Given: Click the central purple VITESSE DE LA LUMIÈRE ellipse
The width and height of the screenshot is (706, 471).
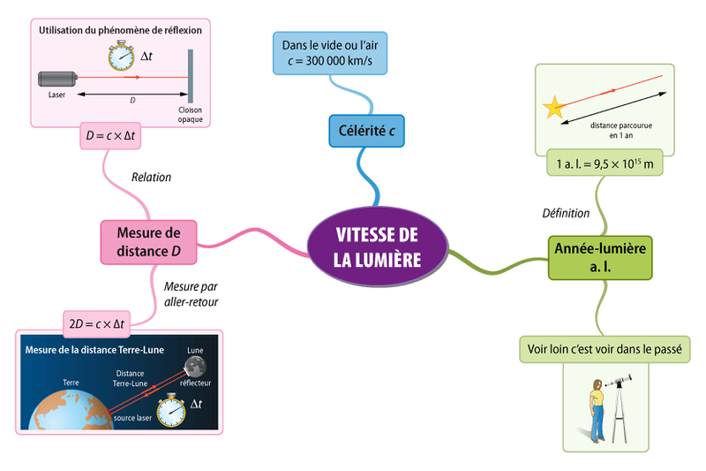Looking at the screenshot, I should (x=377, y=247).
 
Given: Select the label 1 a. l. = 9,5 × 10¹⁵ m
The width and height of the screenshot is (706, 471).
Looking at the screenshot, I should (x=604, y=163).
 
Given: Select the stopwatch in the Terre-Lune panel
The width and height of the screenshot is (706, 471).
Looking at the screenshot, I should (x=169, y=408).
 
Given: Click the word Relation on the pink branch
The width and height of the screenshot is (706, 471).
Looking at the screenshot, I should (x=151, y=177).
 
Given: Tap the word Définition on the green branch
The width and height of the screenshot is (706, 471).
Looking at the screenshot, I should (x=565, y=213).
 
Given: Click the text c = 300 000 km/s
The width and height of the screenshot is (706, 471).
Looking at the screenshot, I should (x=334, y=59).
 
